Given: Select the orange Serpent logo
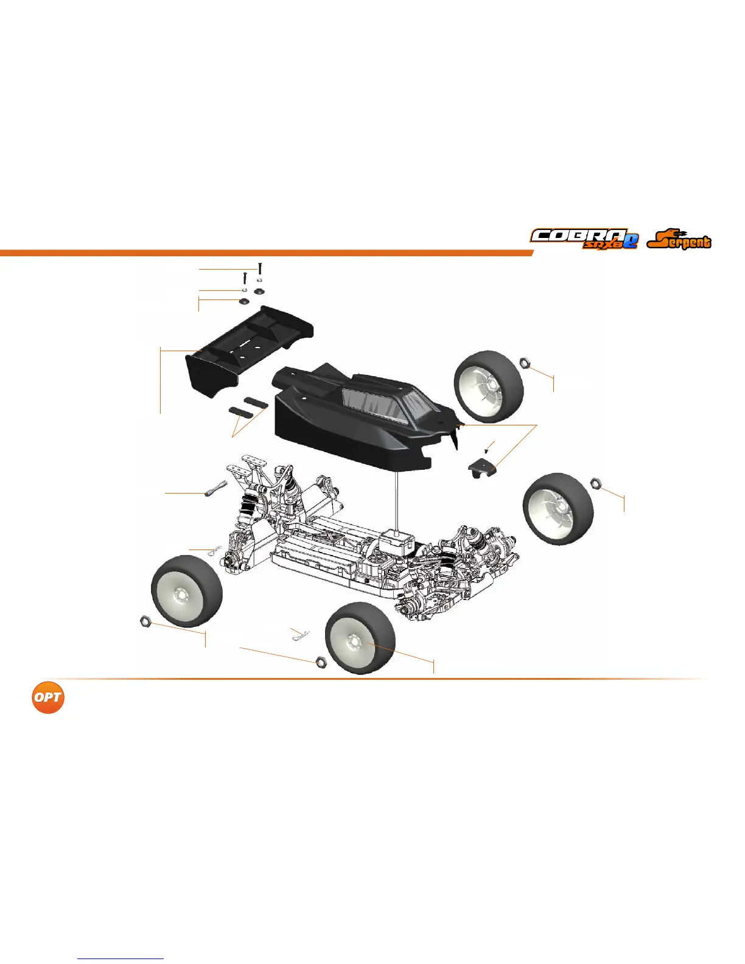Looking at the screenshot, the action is click(x=679, y=239).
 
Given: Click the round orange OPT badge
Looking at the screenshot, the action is click(x=48, y=697).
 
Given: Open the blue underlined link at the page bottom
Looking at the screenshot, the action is click(x=121, y=959).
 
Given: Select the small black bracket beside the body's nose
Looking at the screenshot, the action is click(x=483, y=468).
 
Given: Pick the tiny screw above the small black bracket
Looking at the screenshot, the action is click(x=486, y=451).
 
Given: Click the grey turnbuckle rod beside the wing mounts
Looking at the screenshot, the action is click(x=215, y=489).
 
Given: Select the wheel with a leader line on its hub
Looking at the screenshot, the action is click(x=360, y=638).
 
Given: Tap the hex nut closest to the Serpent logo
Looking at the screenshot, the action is click(x=526, y=363).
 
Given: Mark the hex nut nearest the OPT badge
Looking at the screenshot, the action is click(x=145, y=621).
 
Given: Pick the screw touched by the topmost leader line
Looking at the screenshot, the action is click(x=261, y=267).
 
